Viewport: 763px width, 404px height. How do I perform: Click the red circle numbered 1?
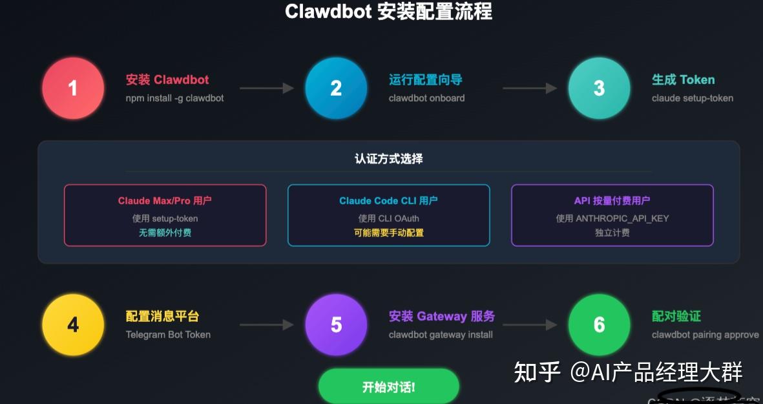coord(73,88)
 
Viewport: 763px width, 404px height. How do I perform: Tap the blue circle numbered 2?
coord(336,88)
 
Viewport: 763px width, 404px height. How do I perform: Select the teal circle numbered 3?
coord(599,88)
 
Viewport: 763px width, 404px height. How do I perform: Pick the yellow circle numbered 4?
coord(73,324)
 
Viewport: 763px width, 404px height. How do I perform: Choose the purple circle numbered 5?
coord(336,324)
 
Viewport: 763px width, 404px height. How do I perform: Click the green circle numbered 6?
coord(599,324)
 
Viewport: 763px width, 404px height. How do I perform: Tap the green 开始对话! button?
coord(388,387)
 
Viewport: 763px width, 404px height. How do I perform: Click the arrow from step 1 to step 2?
coord(266,88)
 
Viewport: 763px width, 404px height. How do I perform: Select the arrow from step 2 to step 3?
coord(529,88)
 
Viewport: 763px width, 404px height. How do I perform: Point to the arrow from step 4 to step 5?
coord(266,324)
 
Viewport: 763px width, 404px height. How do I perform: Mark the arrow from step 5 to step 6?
coord(529,324)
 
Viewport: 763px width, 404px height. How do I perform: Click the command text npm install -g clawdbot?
coord(174,98)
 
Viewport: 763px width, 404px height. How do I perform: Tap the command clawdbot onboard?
coord(426,98)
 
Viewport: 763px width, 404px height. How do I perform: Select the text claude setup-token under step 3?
coord(693,98)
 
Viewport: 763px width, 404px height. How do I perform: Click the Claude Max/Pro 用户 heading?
coord(165,201)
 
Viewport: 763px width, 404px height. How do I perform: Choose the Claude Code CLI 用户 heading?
coord(388,201)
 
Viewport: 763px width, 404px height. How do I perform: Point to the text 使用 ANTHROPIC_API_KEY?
coord(612,218)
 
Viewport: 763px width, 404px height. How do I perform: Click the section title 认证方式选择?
coord(388,158)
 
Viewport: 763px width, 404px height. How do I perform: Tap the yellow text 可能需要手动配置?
coord(388,233)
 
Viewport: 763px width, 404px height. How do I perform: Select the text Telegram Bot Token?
coord(168,335)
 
